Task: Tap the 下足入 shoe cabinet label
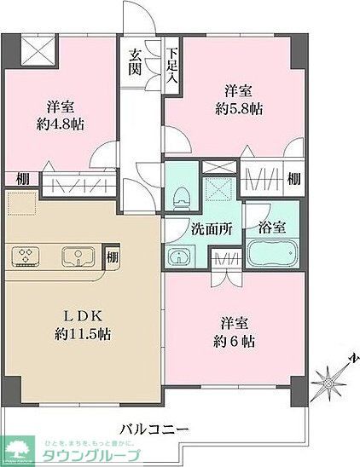point(172,65)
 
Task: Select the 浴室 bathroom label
point(270,228)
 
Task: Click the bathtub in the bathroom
point(271,256)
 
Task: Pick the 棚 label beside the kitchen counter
point(112,256)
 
